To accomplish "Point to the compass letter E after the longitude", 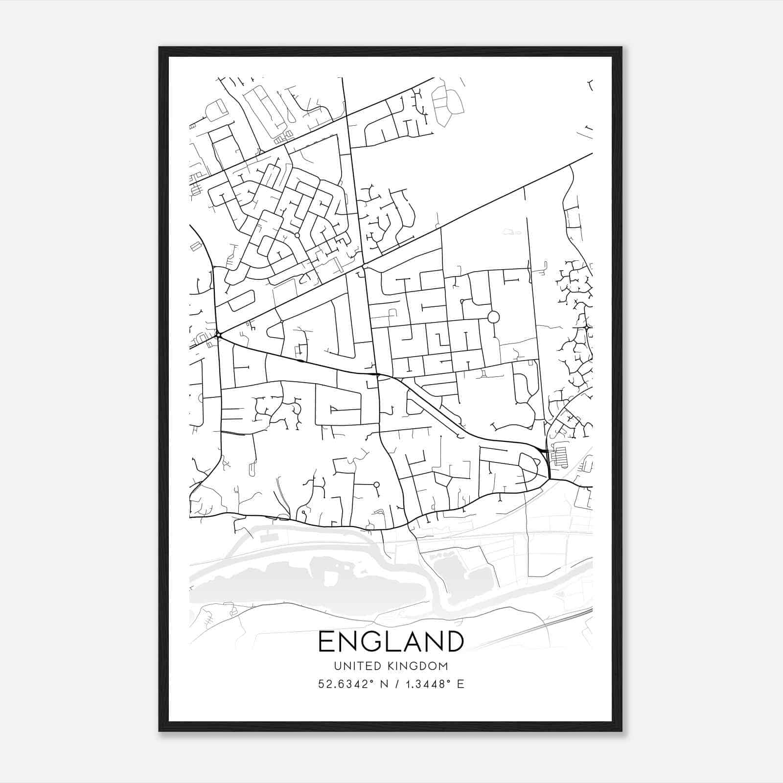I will (x=460, y=684).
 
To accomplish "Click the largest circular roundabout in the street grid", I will (x=493, y=317).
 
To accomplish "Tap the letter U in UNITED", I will (x=337, y=666).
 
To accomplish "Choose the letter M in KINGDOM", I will (x=443, y=666).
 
